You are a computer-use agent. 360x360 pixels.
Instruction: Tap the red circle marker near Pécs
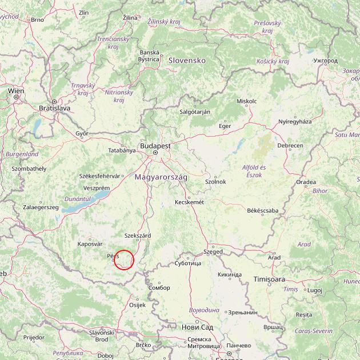pyautogui.click(x=123, y=259)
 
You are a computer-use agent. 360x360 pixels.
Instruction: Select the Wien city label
pyautogui.click(x=16, y=90)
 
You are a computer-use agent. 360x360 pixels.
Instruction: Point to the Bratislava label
pyautogui.click(x=54, y=107)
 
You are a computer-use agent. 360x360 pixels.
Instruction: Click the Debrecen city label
pyautogui.click(x=290, y=146)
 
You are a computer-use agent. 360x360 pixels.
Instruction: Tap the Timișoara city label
pyautogui.click(x=269, y=279)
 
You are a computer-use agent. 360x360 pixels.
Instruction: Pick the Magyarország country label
pyautogui.click(x=161, y=178)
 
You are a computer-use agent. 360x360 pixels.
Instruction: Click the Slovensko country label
pyautogui.click(x=186, y=60)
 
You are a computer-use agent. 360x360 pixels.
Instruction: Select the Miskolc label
pyautogui.click(x=246, y=101)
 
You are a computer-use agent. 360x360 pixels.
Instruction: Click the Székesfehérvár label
pyautogui.click(x=100, y=176)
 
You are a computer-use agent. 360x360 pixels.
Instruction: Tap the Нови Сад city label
pyautogui.click(x=197, y=327)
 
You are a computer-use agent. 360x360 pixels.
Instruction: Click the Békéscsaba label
pyautogui.click(x=262, y=210)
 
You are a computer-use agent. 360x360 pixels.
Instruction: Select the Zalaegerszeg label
pyautogui.click(x=41, y=207)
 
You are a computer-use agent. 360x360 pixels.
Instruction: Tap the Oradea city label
pyautogui.click(x=306, y=182)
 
